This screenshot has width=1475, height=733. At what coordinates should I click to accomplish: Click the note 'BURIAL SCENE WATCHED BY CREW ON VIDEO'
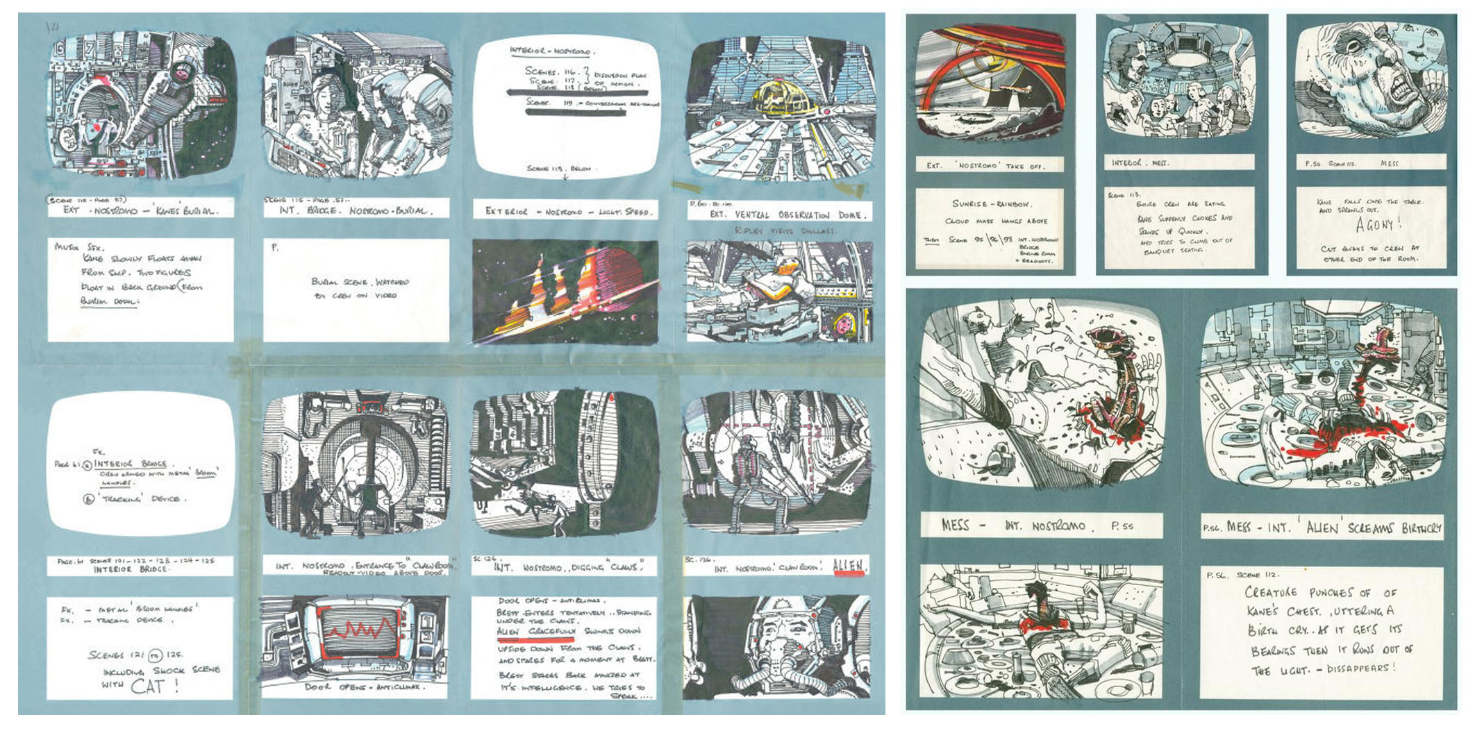pyautogui.click(x=356, y=289)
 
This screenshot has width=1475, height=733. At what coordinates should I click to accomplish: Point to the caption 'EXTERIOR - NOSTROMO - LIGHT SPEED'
pyautogui.click(x=566, y=212)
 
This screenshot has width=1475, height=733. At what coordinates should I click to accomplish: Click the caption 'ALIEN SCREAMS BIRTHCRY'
pyautogui.click(x=1322, y=528)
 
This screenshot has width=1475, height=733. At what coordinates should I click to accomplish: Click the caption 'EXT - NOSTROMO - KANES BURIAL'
pyautogui.click(x=141, y=210)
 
